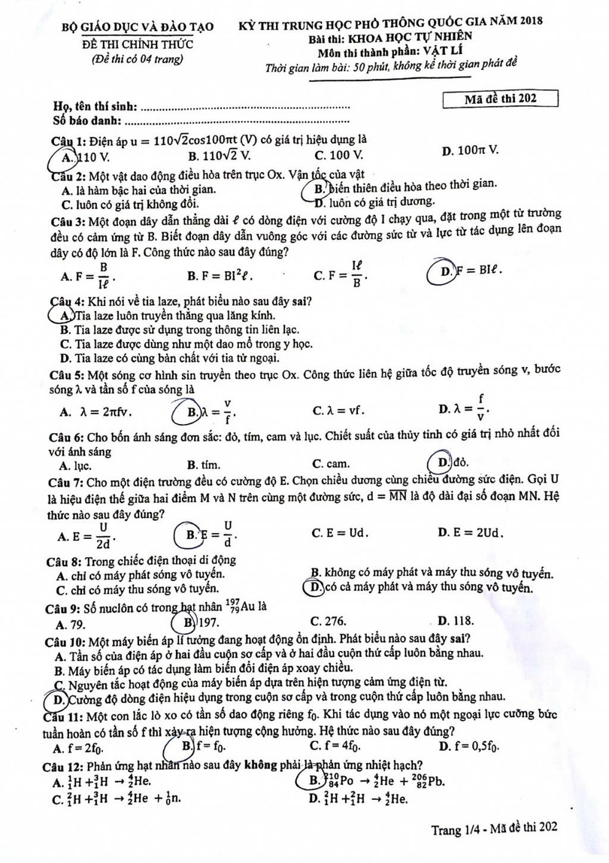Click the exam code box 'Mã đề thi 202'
tap(500, 98)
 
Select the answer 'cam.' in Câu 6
tap(332, 464)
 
